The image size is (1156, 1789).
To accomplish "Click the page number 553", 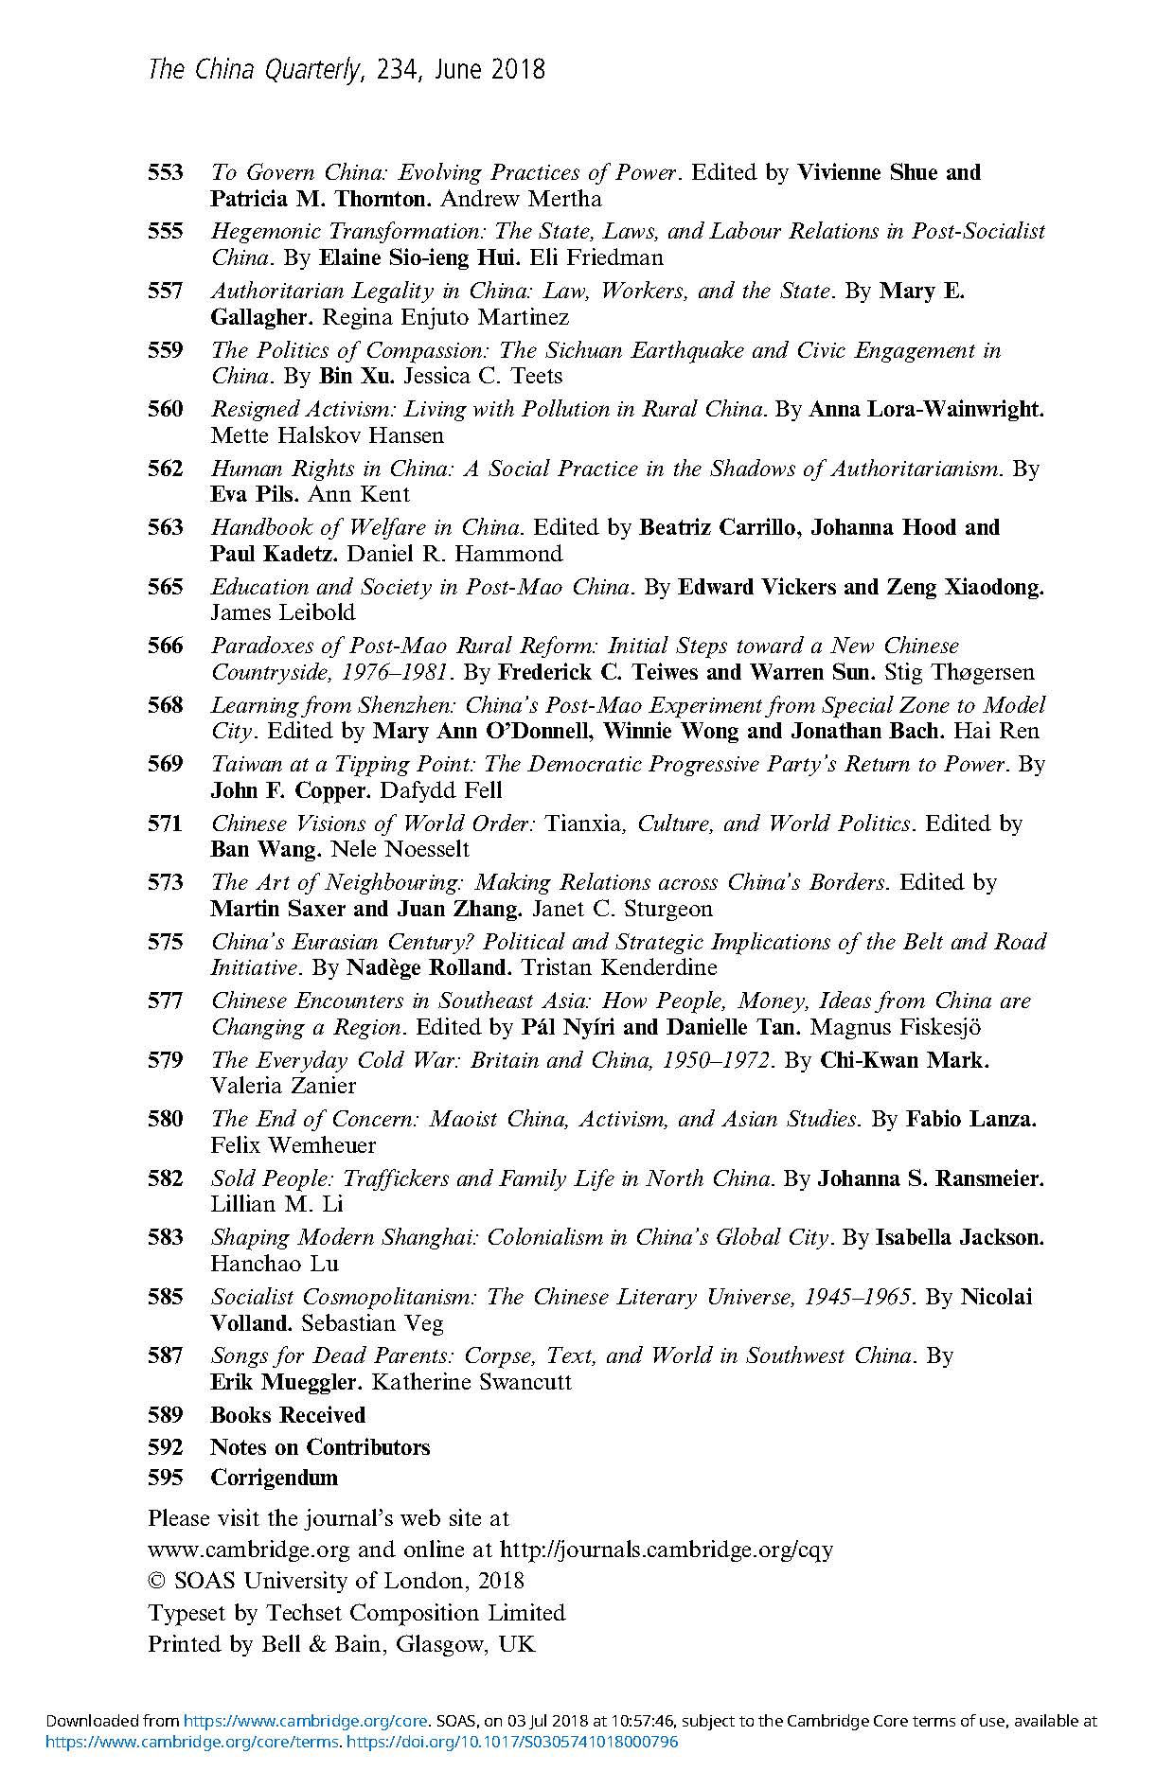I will click(165, 172).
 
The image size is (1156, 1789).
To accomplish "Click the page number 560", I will click(165, 409).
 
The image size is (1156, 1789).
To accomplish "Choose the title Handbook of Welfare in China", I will click(366, 527).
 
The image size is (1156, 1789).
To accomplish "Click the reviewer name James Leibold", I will click(282, 612).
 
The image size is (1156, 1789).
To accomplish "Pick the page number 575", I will click(165, 942).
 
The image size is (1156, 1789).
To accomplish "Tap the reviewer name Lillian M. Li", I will click(276, 1204).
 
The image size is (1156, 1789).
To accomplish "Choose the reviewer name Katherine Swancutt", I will click(471, 1382).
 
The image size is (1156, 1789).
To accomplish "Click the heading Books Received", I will click(288, 1415).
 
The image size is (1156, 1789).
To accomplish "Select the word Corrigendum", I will click(274, 1478).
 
